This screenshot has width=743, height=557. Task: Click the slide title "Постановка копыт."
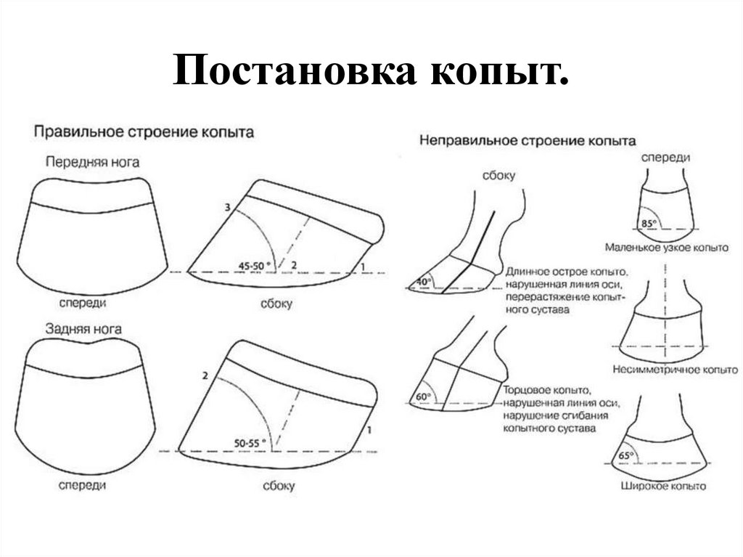pos(370,76)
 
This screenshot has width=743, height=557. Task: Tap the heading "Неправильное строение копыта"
pos(528,140)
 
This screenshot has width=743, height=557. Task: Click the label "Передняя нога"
pos(92,161)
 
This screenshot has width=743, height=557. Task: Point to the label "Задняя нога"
pos(83,329)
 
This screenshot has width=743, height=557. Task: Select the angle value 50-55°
pos(249,442)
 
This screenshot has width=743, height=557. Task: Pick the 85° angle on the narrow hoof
pos(648,223)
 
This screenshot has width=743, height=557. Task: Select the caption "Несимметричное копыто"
pos(665,369)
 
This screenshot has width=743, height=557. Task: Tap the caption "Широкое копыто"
pos(663,486)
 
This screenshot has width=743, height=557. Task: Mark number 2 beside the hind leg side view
pos(205,375)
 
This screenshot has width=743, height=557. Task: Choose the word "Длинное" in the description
pos(527,271)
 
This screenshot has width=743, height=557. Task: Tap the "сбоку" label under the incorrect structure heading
pos(496,176)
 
